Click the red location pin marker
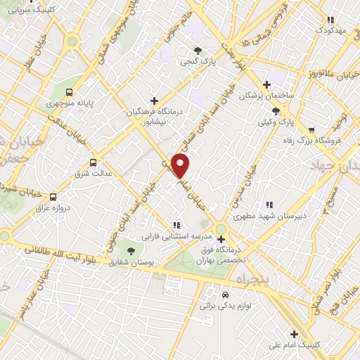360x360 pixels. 181,167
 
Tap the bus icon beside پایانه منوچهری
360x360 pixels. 69,92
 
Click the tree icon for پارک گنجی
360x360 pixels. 198,51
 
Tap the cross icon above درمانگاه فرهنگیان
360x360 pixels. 154,101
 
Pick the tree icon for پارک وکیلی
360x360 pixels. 276,111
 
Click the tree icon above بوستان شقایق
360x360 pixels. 131,250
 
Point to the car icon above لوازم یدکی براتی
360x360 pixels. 225,295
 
